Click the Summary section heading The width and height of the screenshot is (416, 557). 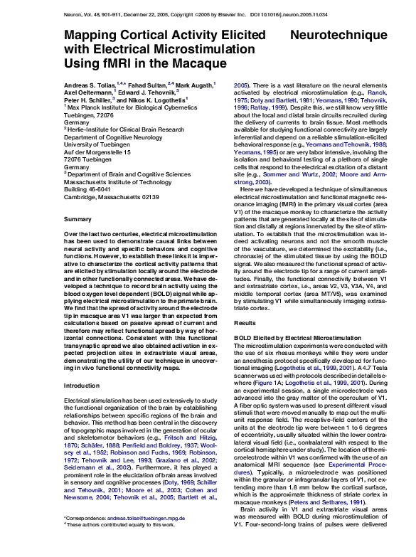tap(77, 219)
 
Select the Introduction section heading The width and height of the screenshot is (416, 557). tap(82, 386)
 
